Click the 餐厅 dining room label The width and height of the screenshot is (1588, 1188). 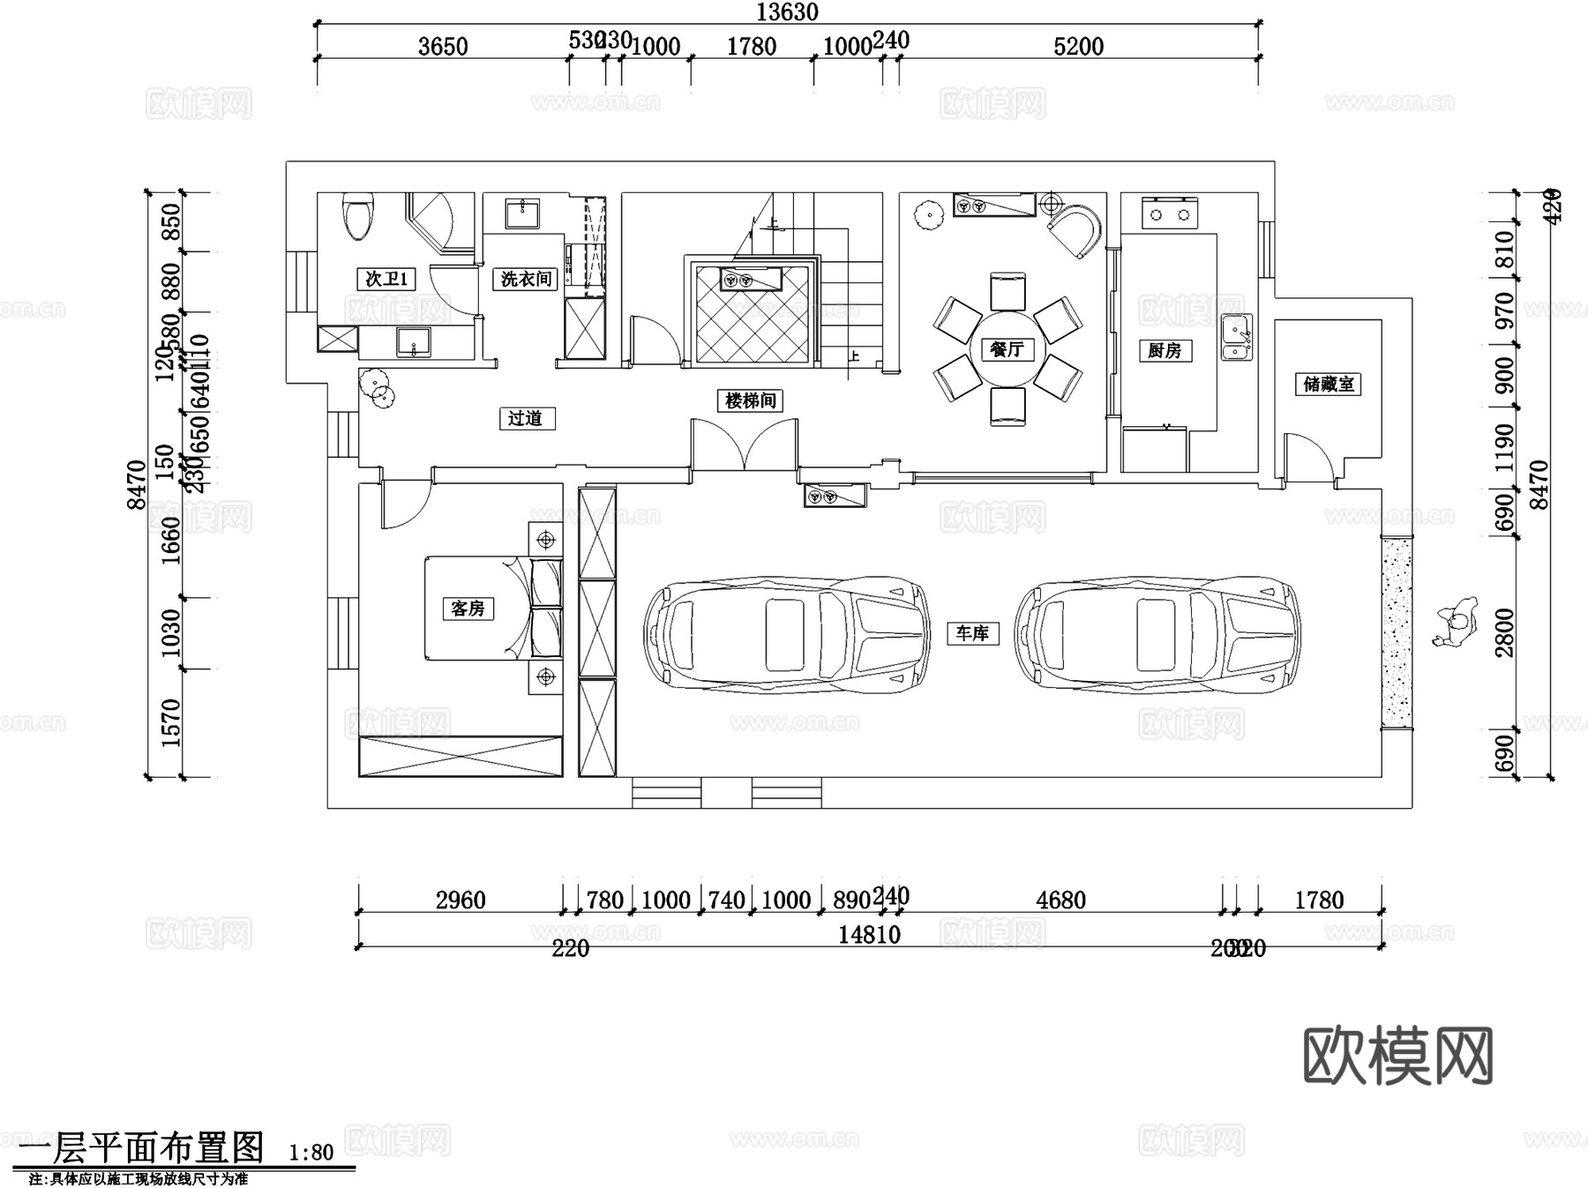(1006, 349)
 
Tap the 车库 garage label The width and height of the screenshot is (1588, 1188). (972, 632)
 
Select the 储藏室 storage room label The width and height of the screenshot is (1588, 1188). (1328, 385)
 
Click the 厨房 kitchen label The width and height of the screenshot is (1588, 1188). (1165, 350)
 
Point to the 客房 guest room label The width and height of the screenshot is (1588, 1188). (468, 608)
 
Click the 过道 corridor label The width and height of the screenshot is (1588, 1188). (525, 418)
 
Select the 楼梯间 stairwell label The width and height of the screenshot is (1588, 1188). (751, 400)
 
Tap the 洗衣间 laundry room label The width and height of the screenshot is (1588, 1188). (526, 279)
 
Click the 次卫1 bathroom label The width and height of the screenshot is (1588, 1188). (386, 279)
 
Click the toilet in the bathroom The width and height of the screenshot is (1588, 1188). (358, 216)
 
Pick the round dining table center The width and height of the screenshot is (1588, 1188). (1007, 349)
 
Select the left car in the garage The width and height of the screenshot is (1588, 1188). (787, 632)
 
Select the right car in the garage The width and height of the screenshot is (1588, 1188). (1157, 632)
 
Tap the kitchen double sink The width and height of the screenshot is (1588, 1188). (1236, 337)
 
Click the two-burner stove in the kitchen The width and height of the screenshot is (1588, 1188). (1169, 213)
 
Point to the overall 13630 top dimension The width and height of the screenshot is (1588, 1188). (787, 11)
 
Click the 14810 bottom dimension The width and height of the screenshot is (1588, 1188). (869, 934)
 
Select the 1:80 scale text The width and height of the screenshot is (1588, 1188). (311, 1152)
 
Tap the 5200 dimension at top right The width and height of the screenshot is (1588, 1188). (1078, 46)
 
